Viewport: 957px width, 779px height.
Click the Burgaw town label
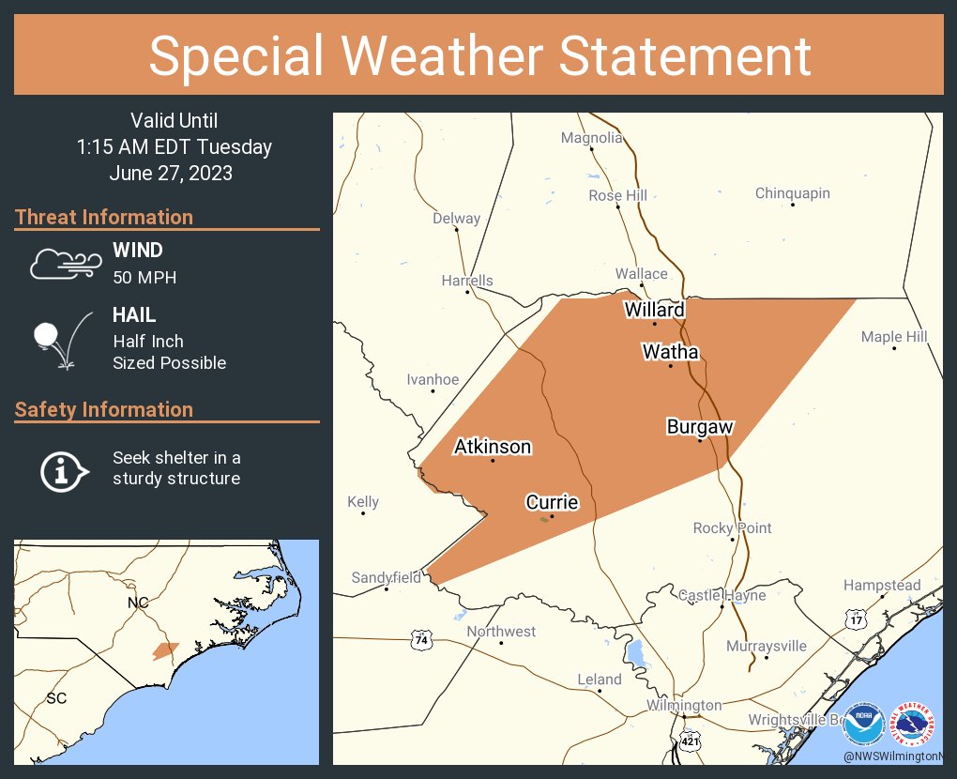click(x=700, y=427)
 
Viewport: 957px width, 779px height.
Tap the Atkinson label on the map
click(x=493, y=447)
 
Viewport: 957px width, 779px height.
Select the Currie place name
click(x=552, y=503)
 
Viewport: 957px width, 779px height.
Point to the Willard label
click(x=655, y=310)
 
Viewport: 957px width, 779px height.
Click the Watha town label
click(x=670, y=352)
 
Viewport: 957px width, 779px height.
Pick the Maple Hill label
click(x=894, y=337)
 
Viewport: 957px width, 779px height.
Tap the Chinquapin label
click(x=793, y=193)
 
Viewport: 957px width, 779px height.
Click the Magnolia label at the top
click(x=591, y=138)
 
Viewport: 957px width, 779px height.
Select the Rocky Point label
click(x=733, y=528)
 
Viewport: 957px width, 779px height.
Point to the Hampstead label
click(x=882, y=586)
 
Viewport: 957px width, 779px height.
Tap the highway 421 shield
click(x=690, y=741)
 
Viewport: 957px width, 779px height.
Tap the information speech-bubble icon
click(x=64, y=469)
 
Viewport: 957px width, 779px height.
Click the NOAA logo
click(x=863, y=726)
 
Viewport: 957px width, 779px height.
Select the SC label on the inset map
click(x=56, y=698)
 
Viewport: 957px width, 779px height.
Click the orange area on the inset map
click(x=165, y=650)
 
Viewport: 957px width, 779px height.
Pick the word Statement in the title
click(x=686, y=55)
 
